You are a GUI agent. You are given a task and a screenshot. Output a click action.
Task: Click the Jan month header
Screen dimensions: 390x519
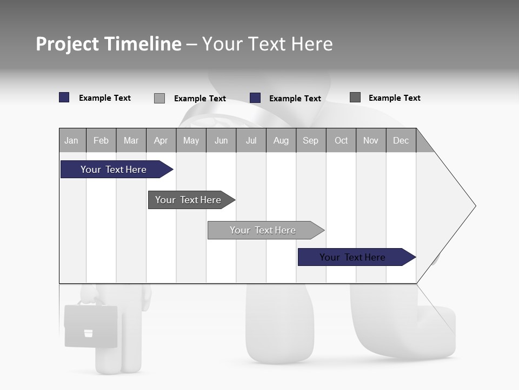72,140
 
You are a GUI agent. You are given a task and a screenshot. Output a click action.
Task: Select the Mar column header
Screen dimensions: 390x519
131,140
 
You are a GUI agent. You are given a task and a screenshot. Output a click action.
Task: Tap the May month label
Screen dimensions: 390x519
191,140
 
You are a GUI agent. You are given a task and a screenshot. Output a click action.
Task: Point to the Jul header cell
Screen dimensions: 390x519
251,140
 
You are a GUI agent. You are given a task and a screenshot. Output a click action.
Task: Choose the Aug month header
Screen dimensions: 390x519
281,140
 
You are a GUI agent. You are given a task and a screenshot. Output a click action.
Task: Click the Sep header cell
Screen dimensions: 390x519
310,140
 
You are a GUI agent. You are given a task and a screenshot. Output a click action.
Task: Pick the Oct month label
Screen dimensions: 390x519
341,140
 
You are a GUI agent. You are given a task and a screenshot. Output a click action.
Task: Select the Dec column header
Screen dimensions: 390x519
401,140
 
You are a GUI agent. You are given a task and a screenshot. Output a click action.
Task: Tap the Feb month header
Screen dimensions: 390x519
101,140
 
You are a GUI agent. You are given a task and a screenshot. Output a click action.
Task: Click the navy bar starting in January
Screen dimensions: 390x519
114,170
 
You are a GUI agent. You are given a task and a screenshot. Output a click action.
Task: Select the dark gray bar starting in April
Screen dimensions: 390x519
188,200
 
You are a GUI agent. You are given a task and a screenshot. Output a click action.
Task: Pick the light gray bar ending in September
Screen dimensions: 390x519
263,230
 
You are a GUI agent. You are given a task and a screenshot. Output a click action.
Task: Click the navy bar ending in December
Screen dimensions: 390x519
352,257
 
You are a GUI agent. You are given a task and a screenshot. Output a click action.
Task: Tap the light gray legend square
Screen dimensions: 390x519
159,98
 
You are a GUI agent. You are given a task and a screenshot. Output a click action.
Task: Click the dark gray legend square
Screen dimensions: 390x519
355,97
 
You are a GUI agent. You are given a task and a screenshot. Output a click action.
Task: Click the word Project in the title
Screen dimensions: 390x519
68,44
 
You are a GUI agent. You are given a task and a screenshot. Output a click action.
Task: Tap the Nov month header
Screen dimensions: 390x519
371,140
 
